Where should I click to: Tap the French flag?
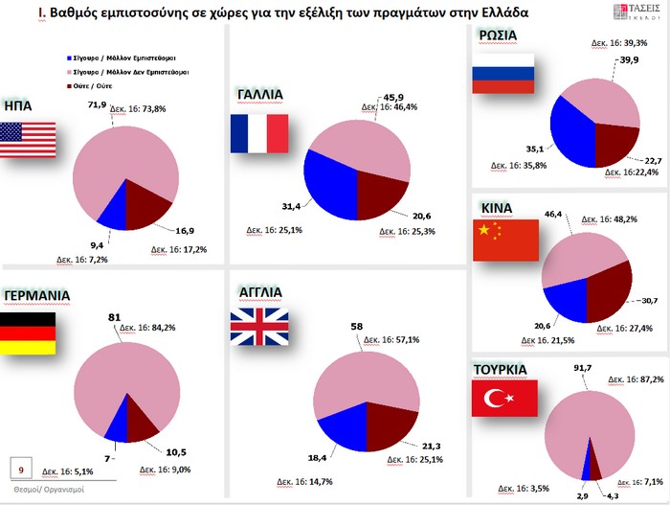[x=258, y=133]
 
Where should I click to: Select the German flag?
[x=27, y=333]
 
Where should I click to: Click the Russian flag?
[x=502, y=72]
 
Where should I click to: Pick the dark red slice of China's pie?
[x=609, y=287]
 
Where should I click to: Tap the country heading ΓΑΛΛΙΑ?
[x=258, y=94]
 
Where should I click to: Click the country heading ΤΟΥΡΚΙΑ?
[x=508, y=367]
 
